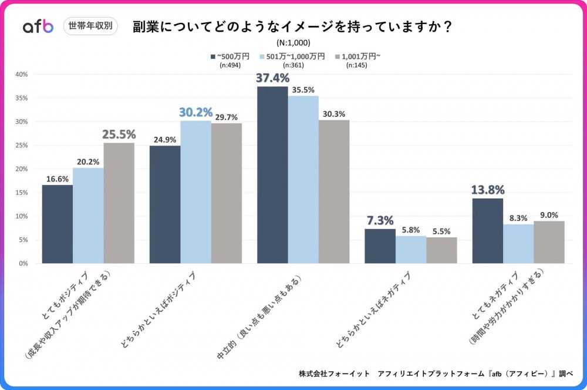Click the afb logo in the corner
[x=38, y=26]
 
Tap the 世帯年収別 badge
[x=90, y=26]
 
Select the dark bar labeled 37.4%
[x=272, y=175]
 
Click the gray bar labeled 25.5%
[x=119, y=203]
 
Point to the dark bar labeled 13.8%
[x=488, y=231]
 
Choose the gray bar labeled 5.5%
[x=441, y=250]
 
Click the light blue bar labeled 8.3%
[x=518, y=244]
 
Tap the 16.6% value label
[x=58, y=179]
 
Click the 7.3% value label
[x=380, y=221]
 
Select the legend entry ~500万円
[x=230, y=56]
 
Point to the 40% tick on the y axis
[x=22, y=75]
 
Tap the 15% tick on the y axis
[x=22, y=193]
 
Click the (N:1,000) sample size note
[x=293, y=42]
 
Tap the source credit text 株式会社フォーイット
[x=335, y=374]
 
